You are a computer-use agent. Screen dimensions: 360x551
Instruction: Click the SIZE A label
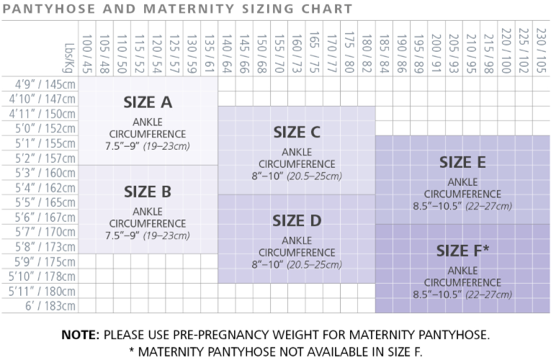click(148, 102)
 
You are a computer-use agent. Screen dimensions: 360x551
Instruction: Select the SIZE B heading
click(147, 192)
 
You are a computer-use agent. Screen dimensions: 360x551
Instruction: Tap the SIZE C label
click(296, 132)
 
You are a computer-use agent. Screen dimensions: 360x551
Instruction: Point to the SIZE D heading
click(296, 221)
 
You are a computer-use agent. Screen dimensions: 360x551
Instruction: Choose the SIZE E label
click(462, 162)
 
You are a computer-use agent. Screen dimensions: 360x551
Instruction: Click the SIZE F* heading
click(462, 251)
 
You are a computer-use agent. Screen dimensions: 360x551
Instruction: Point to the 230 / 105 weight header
click(540, 49)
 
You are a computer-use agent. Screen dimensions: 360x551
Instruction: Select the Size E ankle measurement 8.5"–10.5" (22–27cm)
click(462, 206)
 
